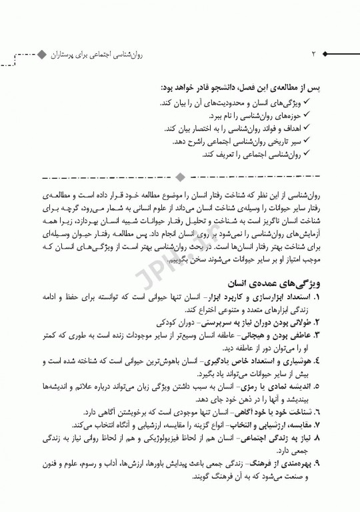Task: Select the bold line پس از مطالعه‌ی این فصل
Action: (247, 87)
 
